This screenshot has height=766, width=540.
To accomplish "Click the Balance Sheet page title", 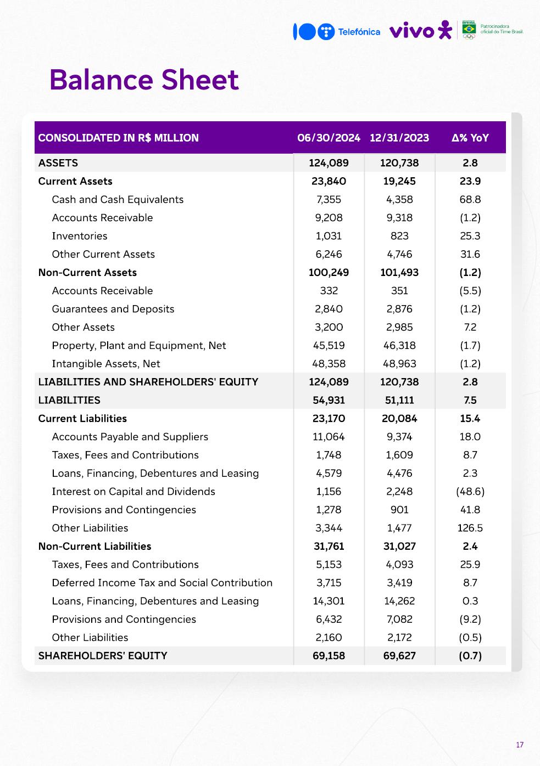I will [x=144, y=80].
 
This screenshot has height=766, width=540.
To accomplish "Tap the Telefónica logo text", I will [x=359, y=32].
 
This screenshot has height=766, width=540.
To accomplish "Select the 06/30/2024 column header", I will [x=329, y=138].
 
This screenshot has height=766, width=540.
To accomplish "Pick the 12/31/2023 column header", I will [x=399, y=138].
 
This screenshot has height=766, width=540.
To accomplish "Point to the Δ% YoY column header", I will [x=470, y=138].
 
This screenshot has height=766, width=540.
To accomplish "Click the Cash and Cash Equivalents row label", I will [x=118, y=200].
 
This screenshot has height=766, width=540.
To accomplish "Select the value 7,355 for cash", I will [x=329, y=200].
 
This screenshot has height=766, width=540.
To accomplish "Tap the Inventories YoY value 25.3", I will [x=470, y=236].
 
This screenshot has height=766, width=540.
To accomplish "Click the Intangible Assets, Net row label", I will [x=106, y=364].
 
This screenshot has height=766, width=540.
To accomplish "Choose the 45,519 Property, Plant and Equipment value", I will [x=329, y=346].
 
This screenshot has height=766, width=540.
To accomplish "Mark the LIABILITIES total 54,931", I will [x=329, y=401].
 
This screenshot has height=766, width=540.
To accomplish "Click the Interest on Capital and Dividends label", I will [x=133, y=492].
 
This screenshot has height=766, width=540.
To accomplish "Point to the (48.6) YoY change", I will [x=470, y=492].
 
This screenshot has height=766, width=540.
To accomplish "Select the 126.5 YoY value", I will [x=470, y=528].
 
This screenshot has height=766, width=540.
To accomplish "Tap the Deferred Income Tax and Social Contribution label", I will [x=162, y=583].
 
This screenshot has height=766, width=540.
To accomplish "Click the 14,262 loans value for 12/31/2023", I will [x=399, y=601].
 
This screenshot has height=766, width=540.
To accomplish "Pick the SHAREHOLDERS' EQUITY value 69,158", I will [x=329, y=656].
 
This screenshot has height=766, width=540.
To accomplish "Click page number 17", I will [x=520, y=745].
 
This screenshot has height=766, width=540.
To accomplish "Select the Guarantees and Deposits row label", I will [x=113, y=309].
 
